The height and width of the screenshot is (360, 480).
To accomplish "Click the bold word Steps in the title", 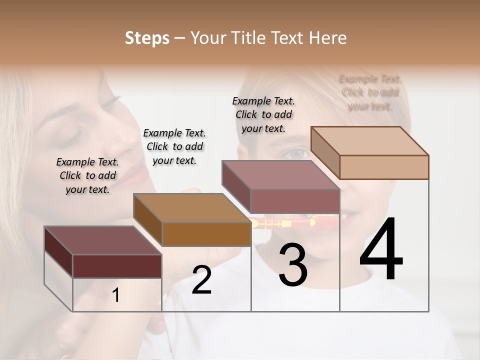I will click(x=147, y=38).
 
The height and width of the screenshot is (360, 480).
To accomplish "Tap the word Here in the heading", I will click(x=327, y=38).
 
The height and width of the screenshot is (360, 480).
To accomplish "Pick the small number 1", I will click(x=116, y=295).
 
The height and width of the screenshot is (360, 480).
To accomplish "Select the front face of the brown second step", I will click(x=206, y=234).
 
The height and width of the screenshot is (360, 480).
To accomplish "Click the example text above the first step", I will click(x=87, y=175).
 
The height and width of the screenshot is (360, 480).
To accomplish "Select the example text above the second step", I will click(x=174, y=146).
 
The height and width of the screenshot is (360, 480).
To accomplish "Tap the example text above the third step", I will click(x=263, y=114).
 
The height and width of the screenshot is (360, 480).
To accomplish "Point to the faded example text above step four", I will click(x=370, y=92).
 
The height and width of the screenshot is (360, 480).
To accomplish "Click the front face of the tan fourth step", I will click(x=384, y=167).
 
